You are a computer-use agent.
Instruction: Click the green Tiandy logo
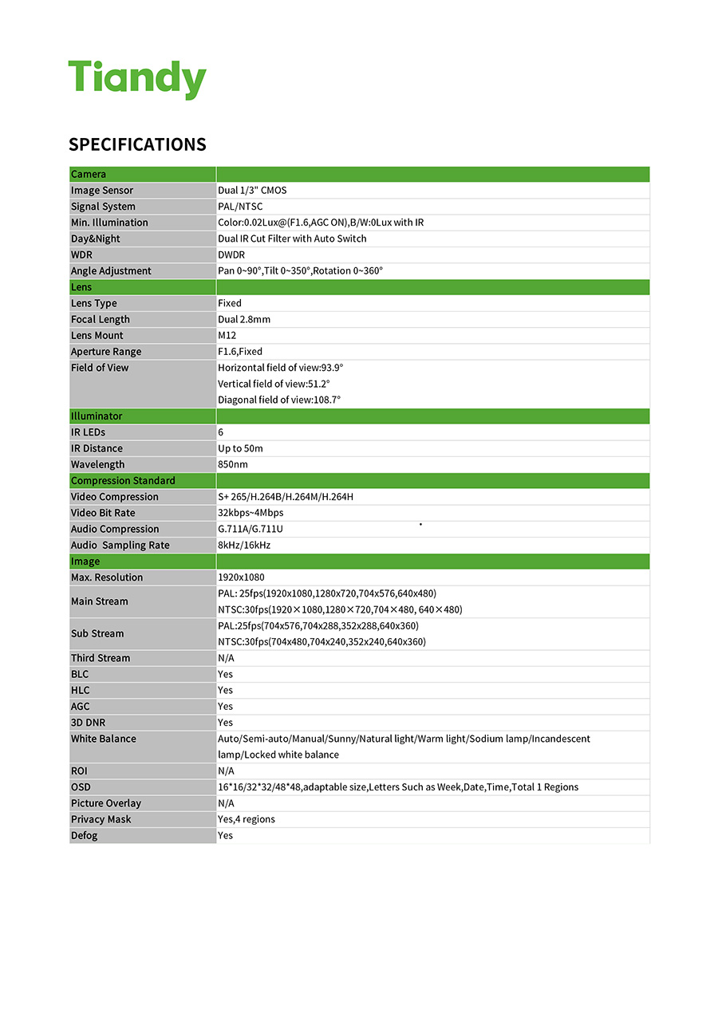coord(137,79)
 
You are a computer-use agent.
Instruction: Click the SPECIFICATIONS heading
coord(137,144)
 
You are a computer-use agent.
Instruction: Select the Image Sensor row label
coord(102,191)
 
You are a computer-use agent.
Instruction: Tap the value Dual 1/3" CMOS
coord(252,191)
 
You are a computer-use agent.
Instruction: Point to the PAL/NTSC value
coord(240,207)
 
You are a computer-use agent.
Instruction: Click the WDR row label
coord(81,255)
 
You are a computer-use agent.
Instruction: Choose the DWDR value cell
coord(231,255)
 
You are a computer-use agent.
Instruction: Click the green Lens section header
coord(81,287)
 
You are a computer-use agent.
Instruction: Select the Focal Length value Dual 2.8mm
coord(244,319)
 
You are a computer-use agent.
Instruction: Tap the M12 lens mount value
coord(227,336)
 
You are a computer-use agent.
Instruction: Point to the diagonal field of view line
coord(279,400)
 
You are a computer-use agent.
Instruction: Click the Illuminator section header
coord(97,416)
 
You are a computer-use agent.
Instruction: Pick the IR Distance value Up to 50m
coord(240,448)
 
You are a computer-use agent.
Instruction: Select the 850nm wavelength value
coord(233,464)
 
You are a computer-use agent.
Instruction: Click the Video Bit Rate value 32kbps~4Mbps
coord(251,513)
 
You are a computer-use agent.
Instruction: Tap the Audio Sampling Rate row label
coord(120,546)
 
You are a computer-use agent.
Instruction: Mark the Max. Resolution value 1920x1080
coord(241,577)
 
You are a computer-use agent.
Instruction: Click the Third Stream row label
coord(101,658)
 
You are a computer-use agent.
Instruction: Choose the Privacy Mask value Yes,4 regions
coord(247,819)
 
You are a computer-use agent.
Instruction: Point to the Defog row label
coord(85,835)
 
